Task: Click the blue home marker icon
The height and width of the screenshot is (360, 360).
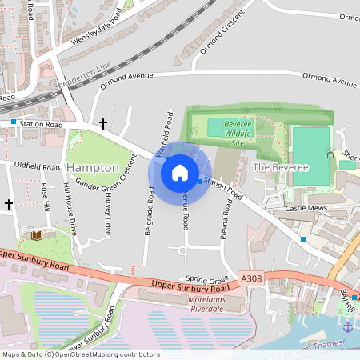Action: click(180, 173)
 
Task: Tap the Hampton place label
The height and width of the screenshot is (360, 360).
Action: click(93, 166)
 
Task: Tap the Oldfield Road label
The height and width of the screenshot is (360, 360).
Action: click(37, 166)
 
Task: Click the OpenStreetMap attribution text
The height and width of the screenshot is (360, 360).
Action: click(81, 354)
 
